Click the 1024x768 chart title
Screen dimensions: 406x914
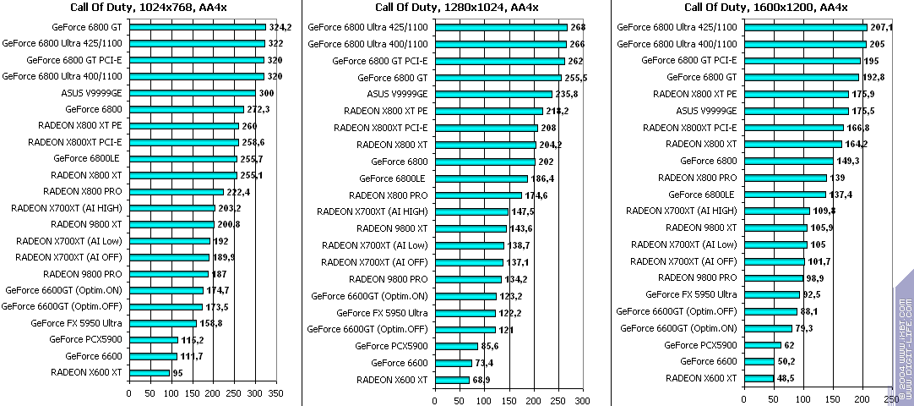click(150, 8)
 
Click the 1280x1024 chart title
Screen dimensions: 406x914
click(456, 8)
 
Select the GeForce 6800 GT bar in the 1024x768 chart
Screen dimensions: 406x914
click(197, 27)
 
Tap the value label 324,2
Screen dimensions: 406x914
click(280, 27)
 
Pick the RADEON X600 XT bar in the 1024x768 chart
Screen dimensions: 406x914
click(149, 372)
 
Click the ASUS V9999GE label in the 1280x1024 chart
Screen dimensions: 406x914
click(398, 94)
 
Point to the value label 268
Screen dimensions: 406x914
click(578, 27)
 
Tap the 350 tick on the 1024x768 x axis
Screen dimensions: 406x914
click(275, 393)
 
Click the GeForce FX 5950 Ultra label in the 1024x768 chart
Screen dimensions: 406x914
click(77, 323)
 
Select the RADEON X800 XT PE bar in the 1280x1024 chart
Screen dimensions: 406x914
click(489, 111)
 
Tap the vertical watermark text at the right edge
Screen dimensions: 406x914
click(903, 338)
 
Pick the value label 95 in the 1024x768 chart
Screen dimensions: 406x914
click(178, 372)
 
